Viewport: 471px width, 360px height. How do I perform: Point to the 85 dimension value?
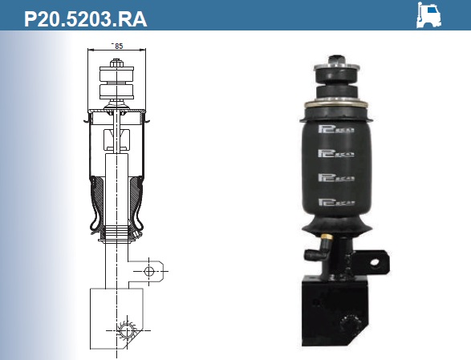coord(119,46)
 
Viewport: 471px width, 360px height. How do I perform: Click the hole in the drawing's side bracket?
coord(148,272)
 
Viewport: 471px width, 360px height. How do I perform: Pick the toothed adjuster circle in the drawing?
coord(127,330)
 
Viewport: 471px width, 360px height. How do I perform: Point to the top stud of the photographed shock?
coord(338,60)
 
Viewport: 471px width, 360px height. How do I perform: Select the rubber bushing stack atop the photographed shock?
coord(338,80)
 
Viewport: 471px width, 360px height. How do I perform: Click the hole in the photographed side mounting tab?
coord(375,261)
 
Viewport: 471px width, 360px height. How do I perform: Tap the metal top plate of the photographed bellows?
coord(338,104)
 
